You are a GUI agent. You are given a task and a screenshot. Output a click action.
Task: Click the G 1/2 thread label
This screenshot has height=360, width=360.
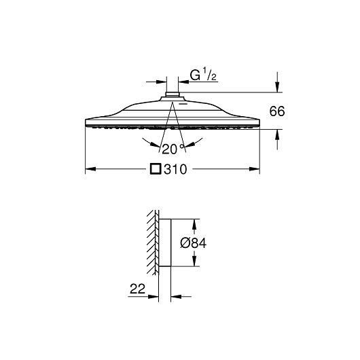203,75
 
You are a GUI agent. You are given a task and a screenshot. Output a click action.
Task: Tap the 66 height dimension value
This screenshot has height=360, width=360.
277,111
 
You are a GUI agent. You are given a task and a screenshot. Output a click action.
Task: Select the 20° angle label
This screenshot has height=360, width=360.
173,149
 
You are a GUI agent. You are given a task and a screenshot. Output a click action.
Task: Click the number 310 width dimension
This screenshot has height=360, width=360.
175,169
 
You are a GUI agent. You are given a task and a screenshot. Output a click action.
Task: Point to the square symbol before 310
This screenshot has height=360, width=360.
156,169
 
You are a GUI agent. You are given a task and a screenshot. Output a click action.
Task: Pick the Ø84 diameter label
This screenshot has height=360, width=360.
194,243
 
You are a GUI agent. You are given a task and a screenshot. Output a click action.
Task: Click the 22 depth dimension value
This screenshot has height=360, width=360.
137,289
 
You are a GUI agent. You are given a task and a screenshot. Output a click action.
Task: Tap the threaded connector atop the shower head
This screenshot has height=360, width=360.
173,94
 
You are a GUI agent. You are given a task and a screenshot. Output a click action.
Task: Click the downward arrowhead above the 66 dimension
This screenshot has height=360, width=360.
278,87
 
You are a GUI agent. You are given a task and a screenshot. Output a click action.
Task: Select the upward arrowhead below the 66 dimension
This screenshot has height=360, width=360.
278,134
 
